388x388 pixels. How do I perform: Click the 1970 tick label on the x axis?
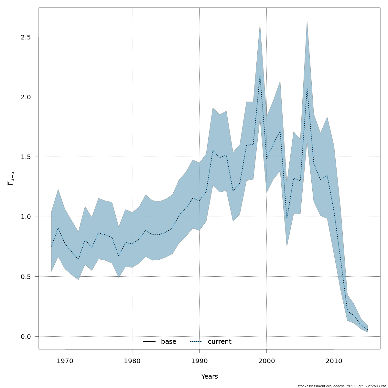(x=65, y=361)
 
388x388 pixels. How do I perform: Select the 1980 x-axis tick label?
(x=132, y=361)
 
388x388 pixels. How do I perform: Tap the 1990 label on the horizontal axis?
(x=199, y=361)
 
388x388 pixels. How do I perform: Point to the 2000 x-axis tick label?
(x=266, y=361)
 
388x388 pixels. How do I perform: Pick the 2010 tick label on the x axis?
(x=334, y=361)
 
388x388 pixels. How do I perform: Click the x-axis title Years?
(x=210, y=377)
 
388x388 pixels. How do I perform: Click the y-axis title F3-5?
(x=11, y=178)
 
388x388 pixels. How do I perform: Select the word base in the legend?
(x=168, y=342)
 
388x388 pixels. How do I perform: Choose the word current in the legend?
(x=220, y=342)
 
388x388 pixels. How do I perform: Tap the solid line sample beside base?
(x=149, y=342)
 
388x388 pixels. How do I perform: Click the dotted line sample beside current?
(x=196, y=342)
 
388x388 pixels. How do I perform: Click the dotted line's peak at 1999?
(x=260, y=76)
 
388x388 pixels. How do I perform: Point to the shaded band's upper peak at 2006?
(x=307, y=20)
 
